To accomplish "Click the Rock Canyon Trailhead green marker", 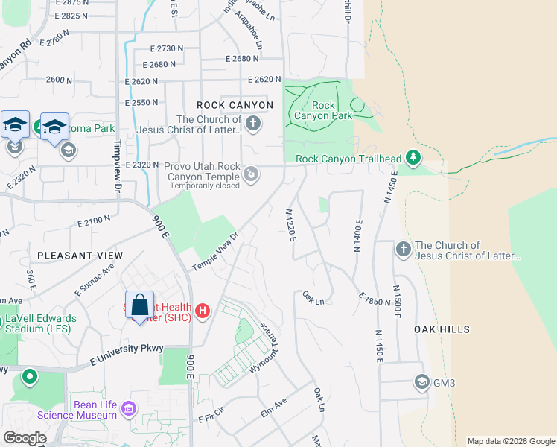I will [x=414, y=158].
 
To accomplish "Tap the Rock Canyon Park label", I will [x=322, y=111].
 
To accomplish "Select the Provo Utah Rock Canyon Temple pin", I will [x=252, y=174].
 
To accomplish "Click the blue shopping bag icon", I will [x=139, y=305].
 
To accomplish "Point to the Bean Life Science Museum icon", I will [x=130, y=408].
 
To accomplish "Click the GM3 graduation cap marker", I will [x=422, y=383].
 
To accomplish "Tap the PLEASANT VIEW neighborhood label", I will [x=80, y=256].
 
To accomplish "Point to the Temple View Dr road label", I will [x=214, y=253].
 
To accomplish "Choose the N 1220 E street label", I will [x=292, y=225].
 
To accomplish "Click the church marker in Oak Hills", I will [x=403, y=249].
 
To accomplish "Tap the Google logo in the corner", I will [x=25, y=438].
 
